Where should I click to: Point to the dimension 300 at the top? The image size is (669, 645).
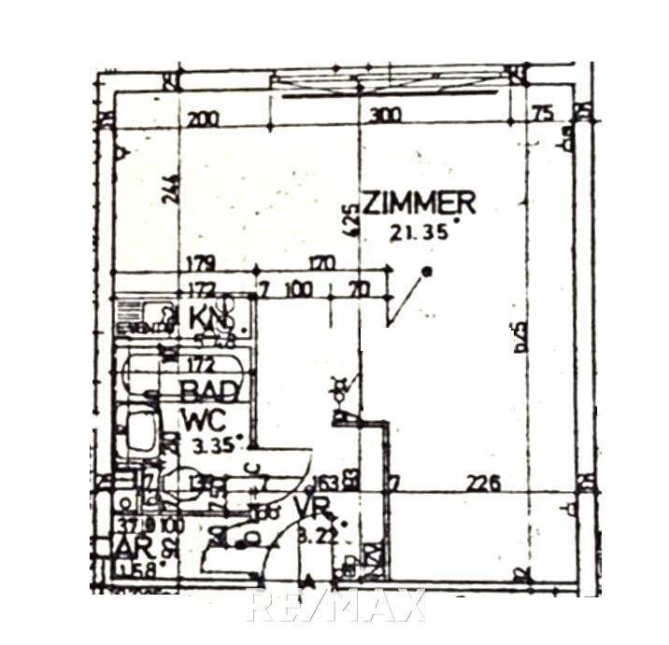pos(385,115)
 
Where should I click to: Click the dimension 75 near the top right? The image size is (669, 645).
pos(544,114)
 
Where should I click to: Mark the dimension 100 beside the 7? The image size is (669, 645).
pos(298,288)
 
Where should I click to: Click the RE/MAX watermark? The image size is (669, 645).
pos(336,607)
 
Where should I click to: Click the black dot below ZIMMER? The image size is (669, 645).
pos(427,272)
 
